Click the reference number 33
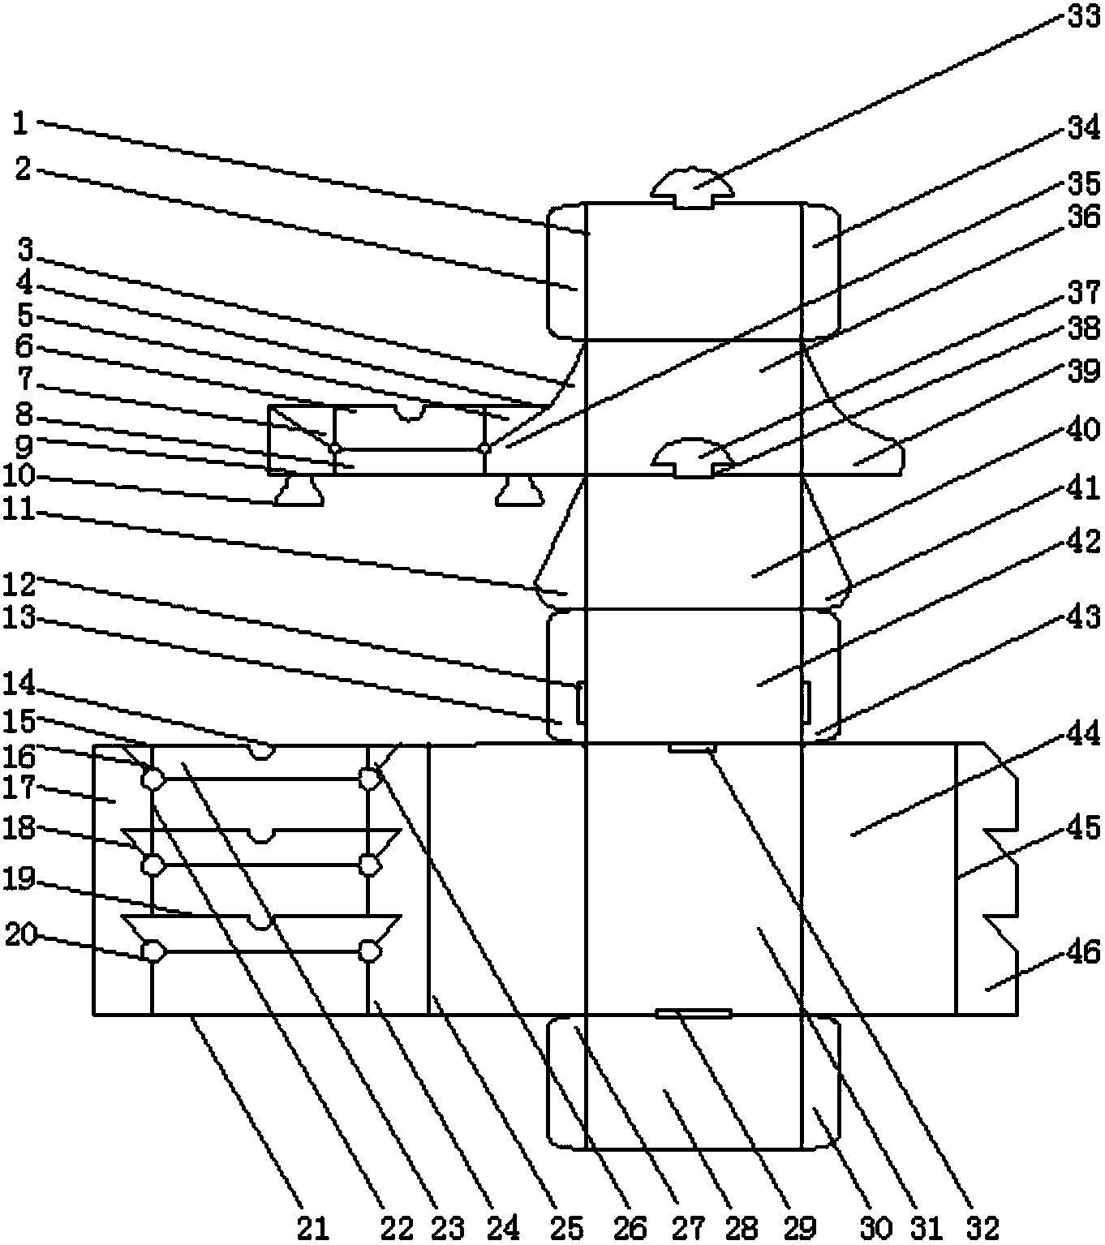click(x=1084, y=17)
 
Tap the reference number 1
click(x=20, y=124)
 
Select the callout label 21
click(x=313, y=1228)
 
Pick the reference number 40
click(x=1084, y=429)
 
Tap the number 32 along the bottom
click(x=983, y=1228)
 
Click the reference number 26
click(x=630, y=1228)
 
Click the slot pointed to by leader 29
click(x=694, y=1013)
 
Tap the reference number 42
click(x=1084, y=541)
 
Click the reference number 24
click(x=503, y=1228)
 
